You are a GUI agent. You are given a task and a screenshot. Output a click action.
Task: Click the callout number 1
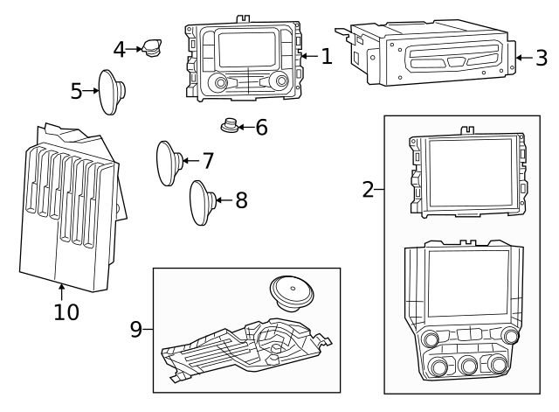click(326, 57)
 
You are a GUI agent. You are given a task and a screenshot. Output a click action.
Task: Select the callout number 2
click(368, 188)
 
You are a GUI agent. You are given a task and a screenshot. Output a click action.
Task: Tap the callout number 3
click(542, 59)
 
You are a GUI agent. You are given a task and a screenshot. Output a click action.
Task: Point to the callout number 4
click(120, 49)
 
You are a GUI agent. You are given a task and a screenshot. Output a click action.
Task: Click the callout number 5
click(76, 90)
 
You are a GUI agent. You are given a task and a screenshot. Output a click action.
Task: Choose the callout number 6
click(260, 128)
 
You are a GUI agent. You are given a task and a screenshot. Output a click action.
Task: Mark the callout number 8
click(241, 200)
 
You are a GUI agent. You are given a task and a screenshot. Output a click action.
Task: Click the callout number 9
click(136, 329)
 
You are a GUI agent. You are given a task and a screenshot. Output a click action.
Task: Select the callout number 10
click(66, 311)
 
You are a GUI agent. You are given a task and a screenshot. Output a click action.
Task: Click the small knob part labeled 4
click(153, 46)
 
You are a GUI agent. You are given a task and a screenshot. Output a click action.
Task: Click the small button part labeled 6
click(231, 126)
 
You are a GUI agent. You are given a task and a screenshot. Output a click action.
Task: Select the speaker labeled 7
click(169, 163)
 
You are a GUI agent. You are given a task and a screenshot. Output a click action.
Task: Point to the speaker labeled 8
click(201, 202)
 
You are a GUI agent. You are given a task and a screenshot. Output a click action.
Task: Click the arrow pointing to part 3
click(523, 59)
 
